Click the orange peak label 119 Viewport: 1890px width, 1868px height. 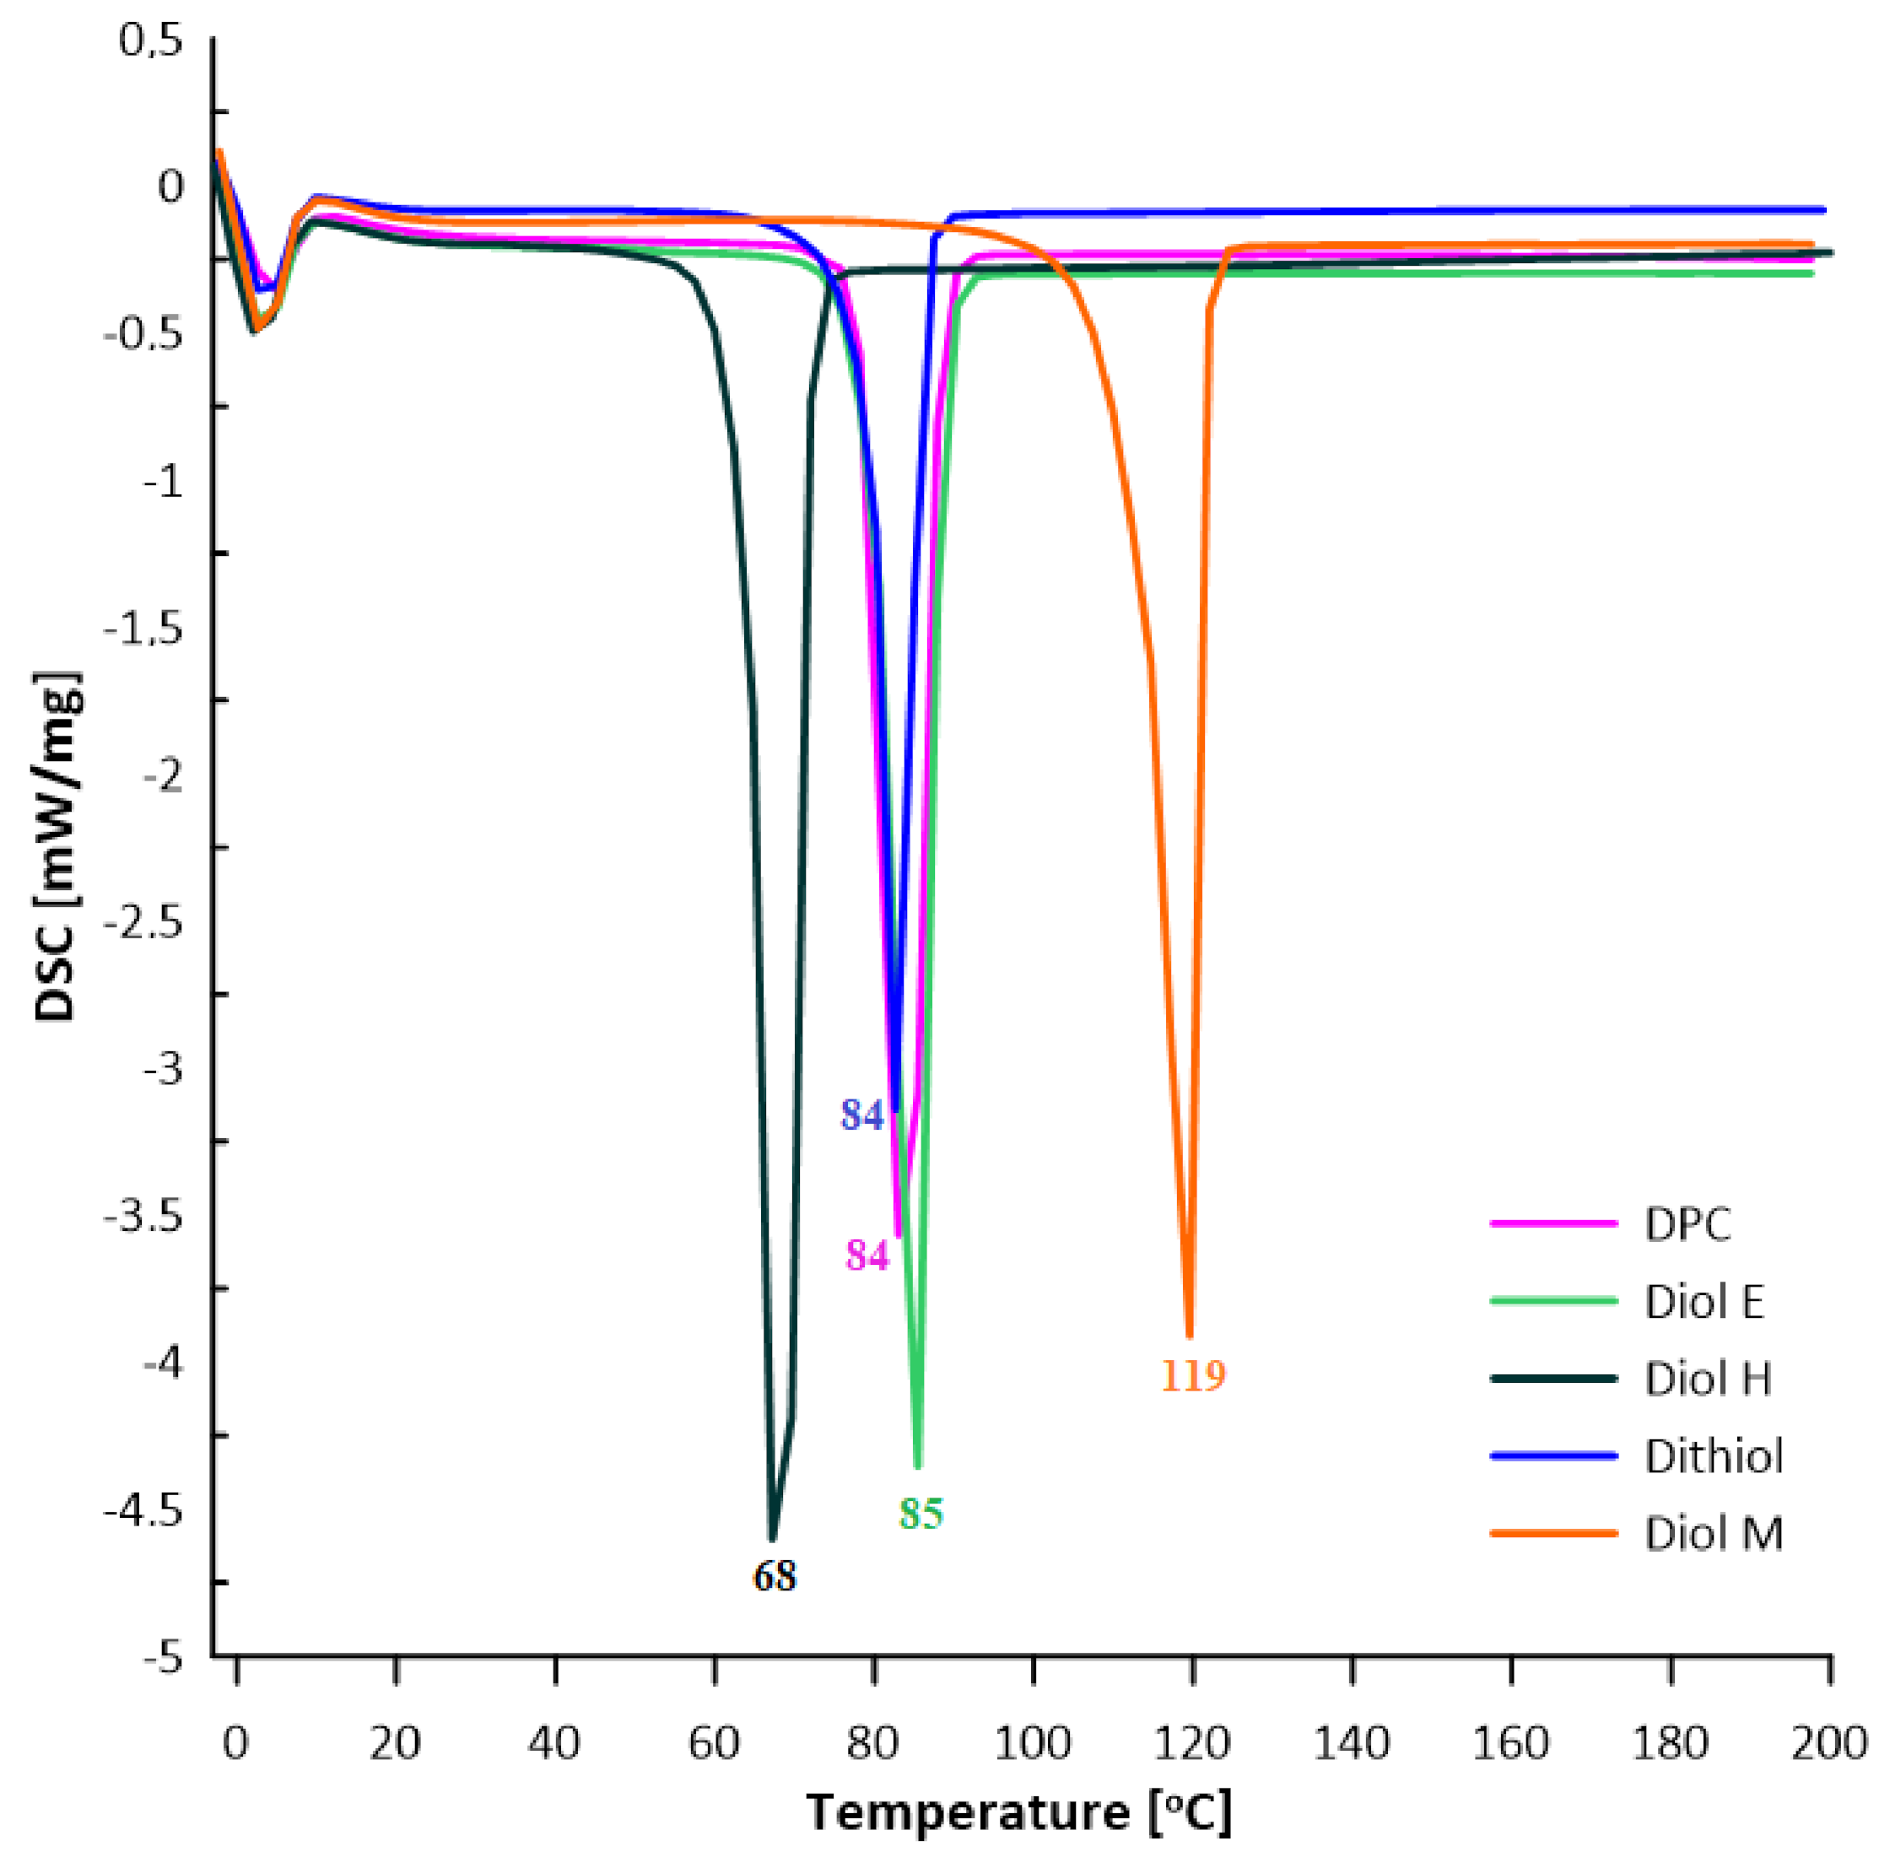pos(1192,1376)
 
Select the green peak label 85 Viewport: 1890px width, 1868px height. pos(921,1513)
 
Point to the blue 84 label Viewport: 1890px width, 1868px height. pos(861,1115)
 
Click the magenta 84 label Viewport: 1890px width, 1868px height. pos(867,1255)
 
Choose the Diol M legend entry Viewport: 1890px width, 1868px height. pos(1713,1534)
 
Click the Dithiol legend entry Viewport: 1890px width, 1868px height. pos(1713,1456)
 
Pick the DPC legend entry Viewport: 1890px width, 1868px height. pos(1687,1224)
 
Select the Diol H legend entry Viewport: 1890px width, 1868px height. pos(1707,1379)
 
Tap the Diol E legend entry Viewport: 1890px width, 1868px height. pos(1704,1302)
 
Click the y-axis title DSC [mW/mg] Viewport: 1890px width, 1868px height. pos(56,847)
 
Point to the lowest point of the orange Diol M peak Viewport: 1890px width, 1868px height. pos(1190,1336)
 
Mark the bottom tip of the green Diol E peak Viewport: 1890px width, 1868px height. pos(918,1466)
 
